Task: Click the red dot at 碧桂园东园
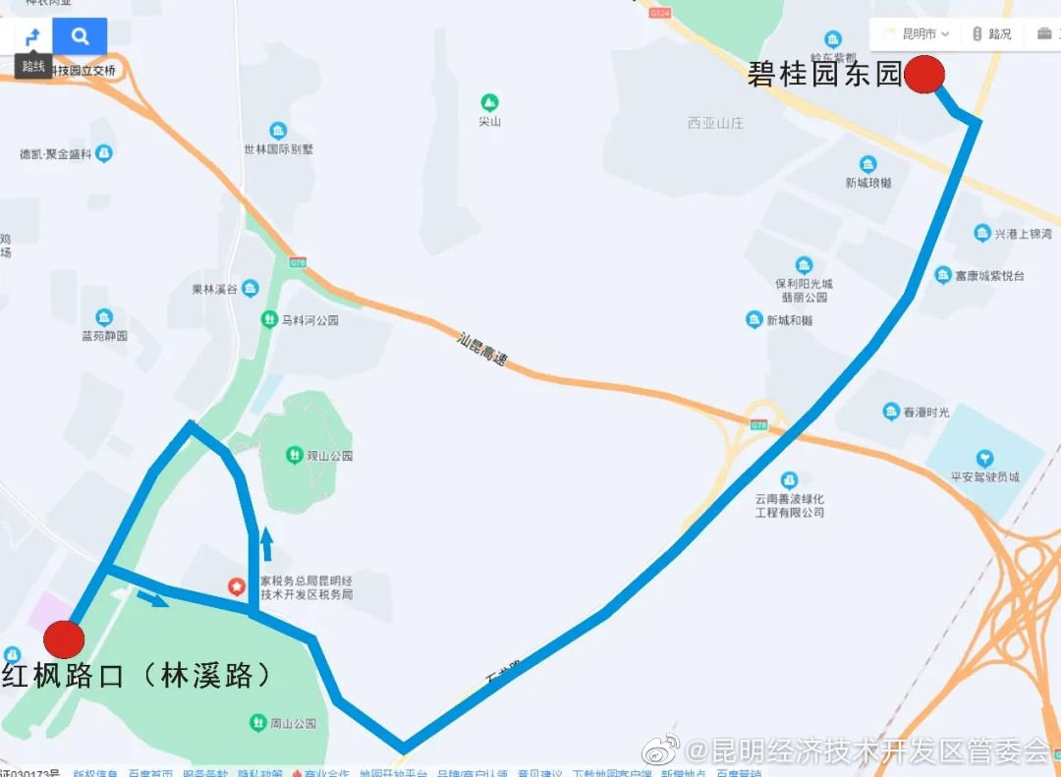923,75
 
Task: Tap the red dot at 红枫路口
64,638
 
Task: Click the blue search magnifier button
81,37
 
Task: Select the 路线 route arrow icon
32,38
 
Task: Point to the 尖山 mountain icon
489,102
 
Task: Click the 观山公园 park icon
293,454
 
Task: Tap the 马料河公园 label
308,320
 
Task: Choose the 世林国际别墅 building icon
278,131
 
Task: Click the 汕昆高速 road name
482,350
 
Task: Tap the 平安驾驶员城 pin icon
984,458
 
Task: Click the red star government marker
237,586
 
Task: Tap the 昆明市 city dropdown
919,33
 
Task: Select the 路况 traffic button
992,33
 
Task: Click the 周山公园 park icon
257,722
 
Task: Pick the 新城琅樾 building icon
867,164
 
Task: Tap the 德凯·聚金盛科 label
56,154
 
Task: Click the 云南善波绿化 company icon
789,479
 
